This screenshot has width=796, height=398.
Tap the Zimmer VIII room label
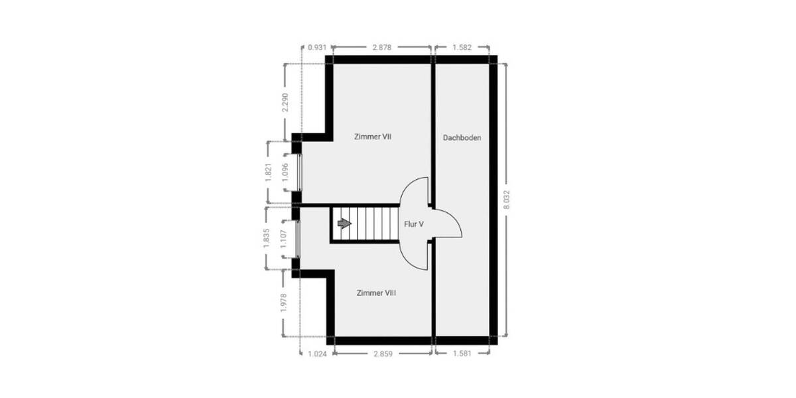376,293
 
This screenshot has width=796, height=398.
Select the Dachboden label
462,137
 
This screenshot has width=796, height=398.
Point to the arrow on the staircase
344,224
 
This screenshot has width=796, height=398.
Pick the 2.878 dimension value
383,48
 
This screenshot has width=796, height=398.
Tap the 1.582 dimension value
462,48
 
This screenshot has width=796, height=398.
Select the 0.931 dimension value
317,48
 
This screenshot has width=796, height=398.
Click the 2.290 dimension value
285,102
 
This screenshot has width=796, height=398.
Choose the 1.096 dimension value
285,172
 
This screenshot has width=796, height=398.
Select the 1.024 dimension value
317,354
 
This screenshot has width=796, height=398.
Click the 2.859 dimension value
383,354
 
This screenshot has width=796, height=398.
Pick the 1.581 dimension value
462,354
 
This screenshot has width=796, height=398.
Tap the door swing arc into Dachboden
452,219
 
